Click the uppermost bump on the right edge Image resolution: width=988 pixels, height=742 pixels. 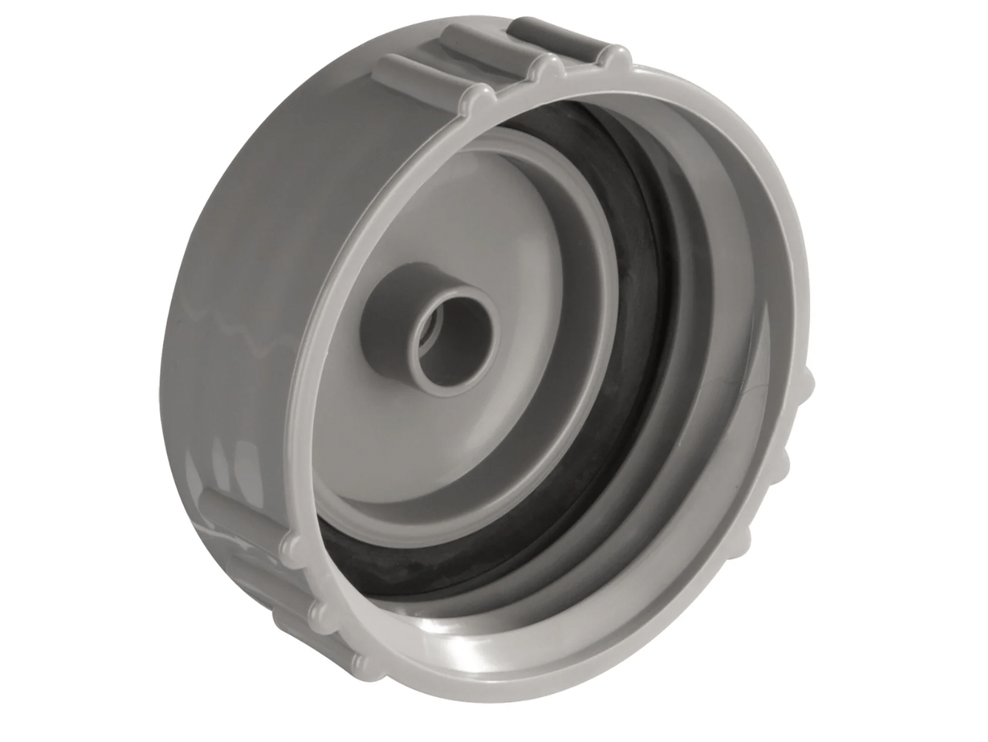coord(805,384)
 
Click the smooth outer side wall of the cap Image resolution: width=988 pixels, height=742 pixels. coord(244,222)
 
